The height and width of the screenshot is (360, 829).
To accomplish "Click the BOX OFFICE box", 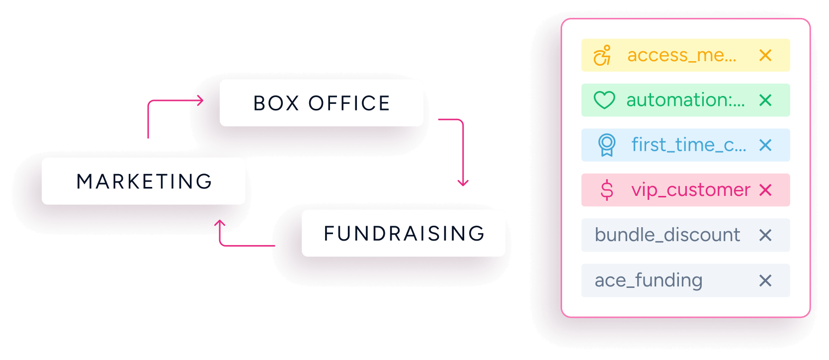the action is [322, 103].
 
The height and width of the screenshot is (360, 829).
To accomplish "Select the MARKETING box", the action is [144, 181].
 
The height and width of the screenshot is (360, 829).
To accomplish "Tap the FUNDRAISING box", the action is [404, 233].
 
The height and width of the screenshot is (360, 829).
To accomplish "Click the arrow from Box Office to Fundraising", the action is [462, 149].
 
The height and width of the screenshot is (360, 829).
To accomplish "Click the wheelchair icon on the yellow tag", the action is [602, 56].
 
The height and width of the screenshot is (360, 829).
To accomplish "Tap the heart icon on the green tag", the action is [604, 100].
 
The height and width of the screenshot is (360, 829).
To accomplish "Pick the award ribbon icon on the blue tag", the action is [606, 145].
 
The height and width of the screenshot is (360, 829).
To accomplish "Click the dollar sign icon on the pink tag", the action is [607, 190].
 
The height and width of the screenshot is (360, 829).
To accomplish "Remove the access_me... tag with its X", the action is [765, 55].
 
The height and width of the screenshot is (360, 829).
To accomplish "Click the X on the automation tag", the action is [765, 100].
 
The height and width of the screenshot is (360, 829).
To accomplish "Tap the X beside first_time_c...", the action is [765, 145].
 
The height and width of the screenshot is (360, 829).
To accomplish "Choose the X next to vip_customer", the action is [765, 190].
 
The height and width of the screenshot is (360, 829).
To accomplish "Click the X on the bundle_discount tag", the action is [765, 235].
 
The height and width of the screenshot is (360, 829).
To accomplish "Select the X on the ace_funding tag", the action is [765, 280].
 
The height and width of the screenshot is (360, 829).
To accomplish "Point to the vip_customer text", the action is [690, 190].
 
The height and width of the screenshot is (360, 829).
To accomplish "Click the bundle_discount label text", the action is [667, 235].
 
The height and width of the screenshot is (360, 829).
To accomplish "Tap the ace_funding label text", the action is [648, 280].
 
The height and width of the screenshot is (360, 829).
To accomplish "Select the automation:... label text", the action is [685, 100].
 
